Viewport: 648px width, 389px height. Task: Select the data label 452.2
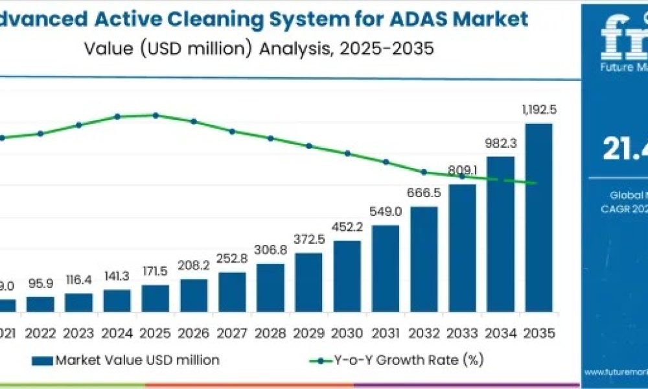[347, 228]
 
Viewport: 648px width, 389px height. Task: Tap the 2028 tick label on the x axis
[270, 333]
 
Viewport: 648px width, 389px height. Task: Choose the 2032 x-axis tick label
[424, 333]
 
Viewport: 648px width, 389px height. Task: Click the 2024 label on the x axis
[117, 333]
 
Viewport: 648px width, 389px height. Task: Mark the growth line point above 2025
[156, 115]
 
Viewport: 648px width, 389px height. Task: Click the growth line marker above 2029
[309, 146]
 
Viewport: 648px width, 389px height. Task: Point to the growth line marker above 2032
[424, 172]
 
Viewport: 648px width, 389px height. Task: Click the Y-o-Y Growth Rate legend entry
[395, 360]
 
